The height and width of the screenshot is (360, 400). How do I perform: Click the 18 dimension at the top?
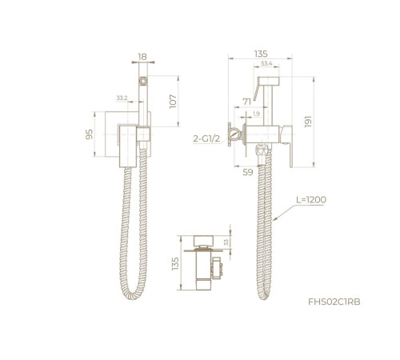pyautogui.click(x=142, y=57)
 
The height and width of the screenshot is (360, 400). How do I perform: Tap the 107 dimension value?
pyautogui.click(x=173, y=102)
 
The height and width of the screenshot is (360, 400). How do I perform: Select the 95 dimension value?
pyautogui.click(x=90, y=134)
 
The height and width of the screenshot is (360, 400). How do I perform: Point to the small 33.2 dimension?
pyautogui.click(x=122, y=98)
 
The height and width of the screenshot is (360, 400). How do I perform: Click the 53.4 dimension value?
pyautogui.click(x=266, y=63)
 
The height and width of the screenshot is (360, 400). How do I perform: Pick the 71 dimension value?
pyautogui.click(x=247, y=102)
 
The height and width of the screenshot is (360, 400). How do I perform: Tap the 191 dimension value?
pyautogui.click(x=308, y=122)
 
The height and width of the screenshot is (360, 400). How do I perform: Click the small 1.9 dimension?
pyautogui.click(x=256, y=114)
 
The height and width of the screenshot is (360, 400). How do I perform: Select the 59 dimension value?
pyautogui.click(x=248, y=172)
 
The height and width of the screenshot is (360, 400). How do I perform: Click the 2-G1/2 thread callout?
pyautogui.click(x=206, y=138)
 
